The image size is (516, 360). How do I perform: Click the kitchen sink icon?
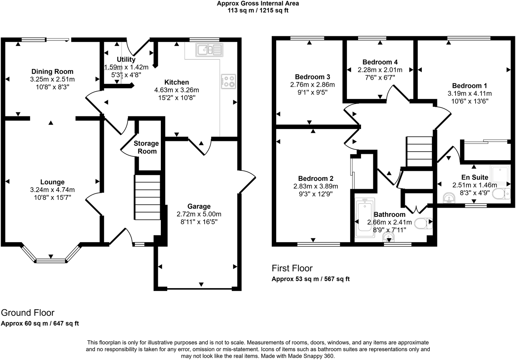point(209,50)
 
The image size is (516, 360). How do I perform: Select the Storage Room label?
point(146,147)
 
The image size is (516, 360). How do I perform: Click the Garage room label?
point(199,207)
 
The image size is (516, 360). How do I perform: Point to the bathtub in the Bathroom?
point(365,217)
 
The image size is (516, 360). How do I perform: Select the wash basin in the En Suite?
point(450,198)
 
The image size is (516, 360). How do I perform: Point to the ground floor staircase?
point(148,198)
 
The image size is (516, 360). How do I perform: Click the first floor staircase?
point(420,152)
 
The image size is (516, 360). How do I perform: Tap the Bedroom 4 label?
point(380,62)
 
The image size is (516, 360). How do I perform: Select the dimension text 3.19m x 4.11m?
point(470,93)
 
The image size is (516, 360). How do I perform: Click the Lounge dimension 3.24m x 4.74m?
point(52,190)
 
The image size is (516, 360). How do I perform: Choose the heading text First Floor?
point(292,268)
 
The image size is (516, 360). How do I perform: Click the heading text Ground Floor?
point(28,313)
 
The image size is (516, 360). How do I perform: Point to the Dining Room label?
point(52,72)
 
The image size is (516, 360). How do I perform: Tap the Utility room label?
point(126,59)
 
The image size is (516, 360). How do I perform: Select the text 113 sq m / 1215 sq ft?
point(258,10)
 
